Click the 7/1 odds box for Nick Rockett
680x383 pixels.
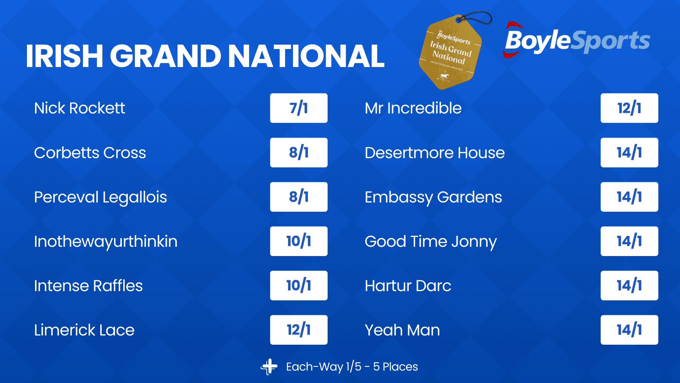coord(299,108)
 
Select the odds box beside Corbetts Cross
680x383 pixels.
coord(299,152)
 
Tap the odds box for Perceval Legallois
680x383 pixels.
coord(299,197)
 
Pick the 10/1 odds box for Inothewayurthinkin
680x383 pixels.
coord(299,241)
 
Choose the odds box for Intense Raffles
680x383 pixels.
coord(299,285)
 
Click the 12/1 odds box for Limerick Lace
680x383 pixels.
coord(299,330)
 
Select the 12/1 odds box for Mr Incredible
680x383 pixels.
coord(629,108)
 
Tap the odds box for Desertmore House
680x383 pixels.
coord(629,152)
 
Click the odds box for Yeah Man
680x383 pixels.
coord(629,330)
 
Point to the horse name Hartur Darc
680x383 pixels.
coord(408,286)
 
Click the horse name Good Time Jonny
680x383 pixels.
coord(431,242)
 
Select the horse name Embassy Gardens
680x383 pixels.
coord(433,197)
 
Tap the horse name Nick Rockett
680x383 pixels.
coord(79,108)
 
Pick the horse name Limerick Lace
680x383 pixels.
coord(84,330)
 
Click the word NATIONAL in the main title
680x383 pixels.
coord(306,56)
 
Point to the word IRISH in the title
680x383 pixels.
coord(64,56)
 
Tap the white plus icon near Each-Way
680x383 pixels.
coord(270,366)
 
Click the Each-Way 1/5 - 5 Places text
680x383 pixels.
coord(352,367)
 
